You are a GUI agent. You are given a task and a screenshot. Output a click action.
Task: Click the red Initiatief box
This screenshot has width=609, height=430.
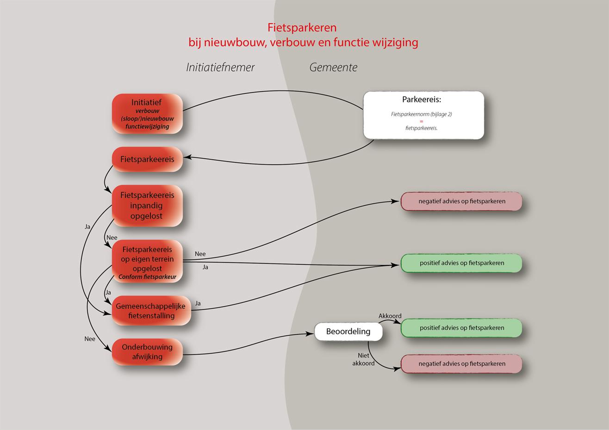click(x=147, y=113)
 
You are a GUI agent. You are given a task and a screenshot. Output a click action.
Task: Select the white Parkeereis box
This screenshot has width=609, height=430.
click(x=423, y=115)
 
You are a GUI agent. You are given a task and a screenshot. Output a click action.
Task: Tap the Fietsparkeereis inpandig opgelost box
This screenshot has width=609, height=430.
click(x=147, y=206)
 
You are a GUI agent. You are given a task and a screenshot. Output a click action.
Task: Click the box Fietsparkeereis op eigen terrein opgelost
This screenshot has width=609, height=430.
click(x=147, y=261)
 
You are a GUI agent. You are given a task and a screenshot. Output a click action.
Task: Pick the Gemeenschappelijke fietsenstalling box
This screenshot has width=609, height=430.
click(x=151, y=311)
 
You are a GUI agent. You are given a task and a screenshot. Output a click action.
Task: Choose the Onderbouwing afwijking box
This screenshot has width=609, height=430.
click(x=147, y=352)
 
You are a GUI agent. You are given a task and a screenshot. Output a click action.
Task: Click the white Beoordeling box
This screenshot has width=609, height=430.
click(x=348, y=332)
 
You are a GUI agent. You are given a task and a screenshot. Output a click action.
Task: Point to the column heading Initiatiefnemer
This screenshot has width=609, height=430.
click(x=220, y=68)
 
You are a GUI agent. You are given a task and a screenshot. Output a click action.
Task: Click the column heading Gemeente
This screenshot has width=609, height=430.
click(x=333, y=68)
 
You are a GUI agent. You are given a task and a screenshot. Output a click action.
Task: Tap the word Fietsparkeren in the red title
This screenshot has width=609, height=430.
click(x=302, y=28)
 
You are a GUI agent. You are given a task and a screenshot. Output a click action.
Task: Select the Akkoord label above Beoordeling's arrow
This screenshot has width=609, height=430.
click(x=390, y=316)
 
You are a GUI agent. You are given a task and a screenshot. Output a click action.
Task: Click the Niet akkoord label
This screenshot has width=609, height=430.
click(x=363, y=360)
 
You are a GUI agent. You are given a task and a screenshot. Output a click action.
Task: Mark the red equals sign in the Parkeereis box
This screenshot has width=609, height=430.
click(x=422, y=121)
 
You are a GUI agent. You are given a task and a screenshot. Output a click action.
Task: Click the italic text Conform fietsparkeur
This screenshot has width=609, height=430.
click(x=147, y=277)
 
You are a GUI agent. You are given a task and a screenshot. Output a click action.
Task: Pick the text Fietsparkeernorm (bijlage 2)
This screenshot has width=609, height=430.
click(x=421, y=114)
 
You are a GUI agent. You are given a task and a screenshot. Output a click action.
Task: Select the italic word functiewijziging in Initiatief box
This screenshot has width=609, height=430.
click(x=147, y=127)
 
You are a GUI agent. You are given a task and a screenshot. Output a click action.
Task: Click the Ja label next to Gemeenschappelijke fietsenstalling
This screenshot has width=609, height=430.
click(x=198, y=304)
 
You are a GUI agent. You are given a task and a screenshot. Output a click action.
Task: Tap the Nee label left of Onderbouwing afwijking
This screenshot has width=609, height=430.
click(x=90, y=339)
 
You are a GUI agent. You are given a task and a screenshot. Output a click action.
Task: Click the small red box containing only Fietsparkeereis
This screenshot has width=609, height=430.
click(x=147, y=160)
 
